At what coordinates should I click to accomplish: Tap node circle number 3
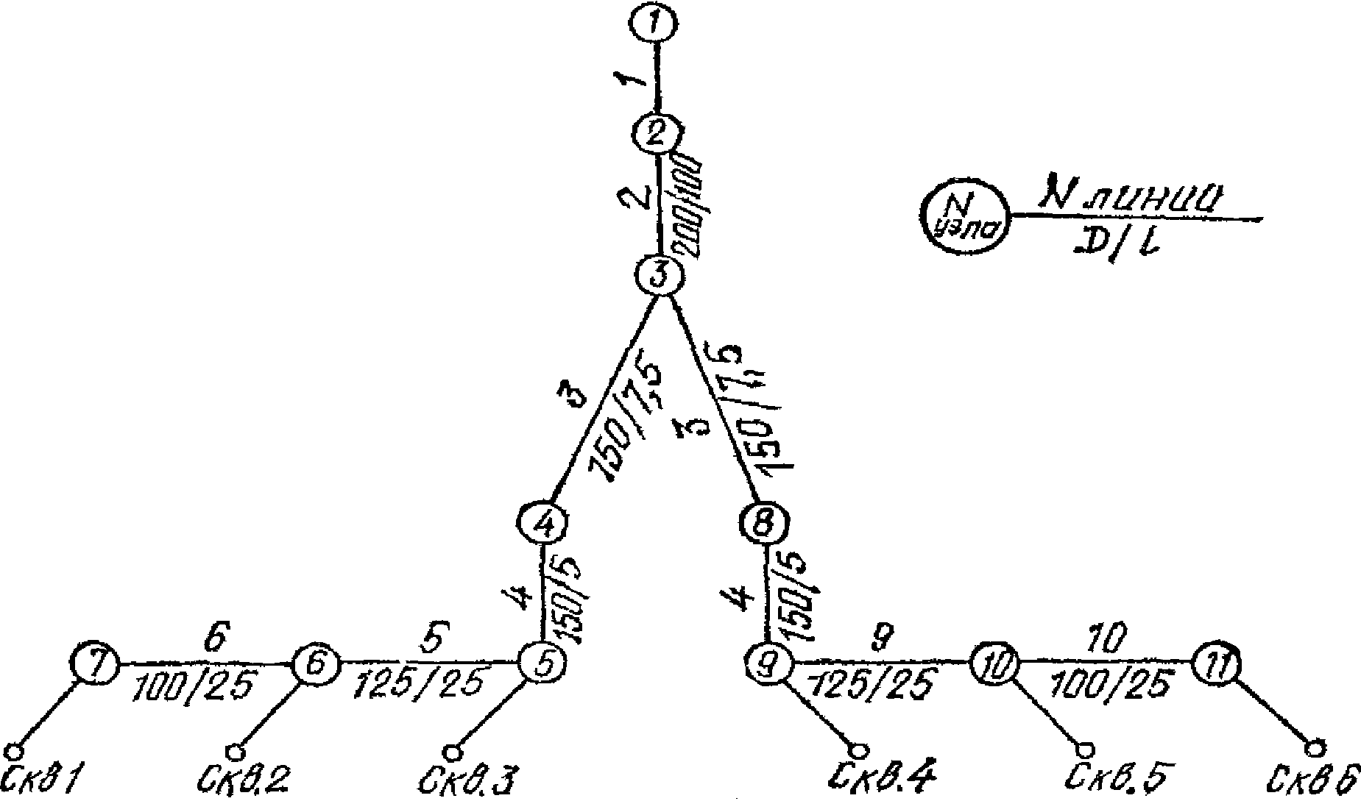point(660,276)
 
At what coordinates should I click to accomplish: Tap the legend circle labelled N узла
point(964,215)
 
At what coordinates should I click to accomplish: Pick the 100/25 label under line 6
point(194,687)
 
